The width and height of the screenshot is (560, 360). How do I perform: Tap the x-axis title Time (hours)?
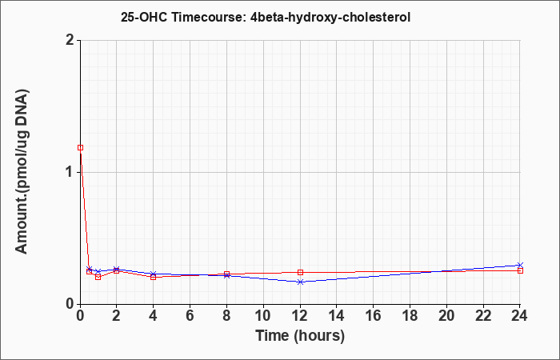[x=300, y=336]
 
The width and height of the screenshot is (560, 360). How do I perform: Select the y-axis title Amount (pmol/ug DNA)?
[x=22, y=172]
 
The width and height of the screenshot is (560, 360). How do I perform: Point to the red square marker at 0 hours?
[x=80, y=147]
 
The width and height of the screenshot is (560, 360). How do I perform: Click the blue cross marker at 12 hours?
[x=300, y=282]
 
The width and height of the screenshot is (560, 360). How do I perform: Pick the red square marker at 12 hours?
[x=300, y=272]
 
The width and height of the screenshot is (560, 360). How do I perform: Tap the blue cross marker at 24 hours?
[x=520, y=265]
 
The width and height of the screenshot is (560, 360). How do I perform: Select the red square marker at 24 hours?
[x=520, y=270]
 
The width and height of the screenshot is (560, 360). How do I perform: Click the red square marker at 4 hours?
[x=154, y=277]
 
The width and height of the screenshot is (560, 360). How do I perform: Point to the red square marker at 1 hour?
[x=98, y=277]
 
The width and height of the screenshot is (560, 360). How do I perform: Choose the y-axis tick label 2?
[x=70, y=40]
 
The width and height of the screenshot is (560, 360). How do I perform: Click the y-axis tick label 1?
[x=70, y=173]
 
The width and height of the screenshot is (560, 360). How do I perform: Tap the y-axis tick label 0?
[x=70, y=304]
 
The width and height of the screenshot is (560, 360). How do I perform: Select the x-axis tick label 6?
[x=190, y=316]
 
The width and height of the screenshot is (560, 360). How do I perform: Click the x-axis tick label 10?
[x=263, y=316]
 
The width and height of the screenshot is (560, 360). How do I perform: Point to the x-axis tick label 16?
[x=374, y=316]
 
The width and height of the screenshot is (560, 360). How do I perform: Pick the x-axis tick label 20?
[x=446, y=316]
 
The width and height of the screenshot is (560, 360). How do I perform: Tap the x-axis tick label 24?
[x=520, y=316]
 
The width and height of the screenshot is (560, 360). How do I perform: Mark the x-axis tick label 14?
[x=337, y=316]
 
